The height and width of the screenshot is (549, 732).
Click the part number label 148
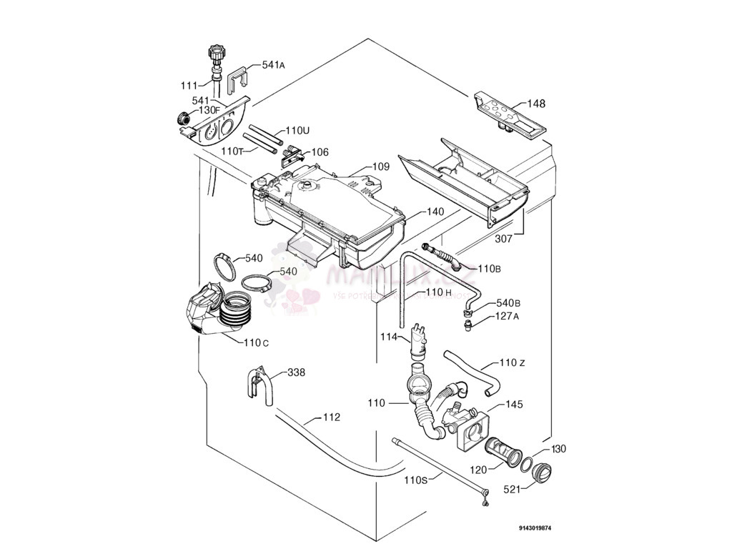point(536,104)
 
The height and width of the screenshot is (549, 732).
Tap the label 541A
point(273,65)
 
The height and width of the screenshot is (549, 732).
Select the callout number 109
point(380,167)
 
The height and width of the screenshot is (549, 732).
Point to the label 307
point(503,239)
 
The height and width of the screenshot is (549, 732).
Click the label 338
point(296,372)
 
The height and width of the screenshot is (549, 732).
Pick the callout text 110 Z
point(513,363)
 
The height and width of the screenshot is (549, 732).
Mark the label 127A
point(506,316)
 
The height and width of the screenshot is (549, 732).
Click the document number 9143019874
point(535,528)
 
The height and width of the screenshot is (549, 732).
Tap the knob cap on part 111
point(215,53)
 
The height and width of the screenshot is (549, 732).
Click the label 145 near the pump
point(515,405)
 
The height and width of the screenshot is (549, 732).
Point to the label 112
point(331,417)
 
